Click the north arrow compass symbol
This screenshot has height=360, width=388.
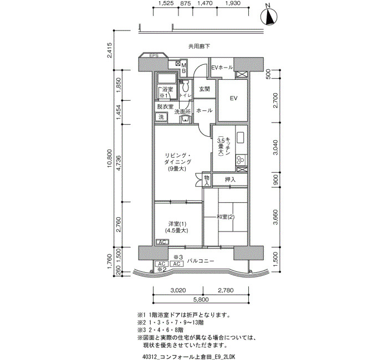point(269,16)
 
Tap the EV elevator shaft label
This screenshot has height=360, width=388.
point(233,98)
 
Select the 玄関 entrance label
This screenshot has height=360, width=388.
point(205,89)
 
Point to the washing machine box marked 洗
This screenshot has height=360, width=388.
point(161,117)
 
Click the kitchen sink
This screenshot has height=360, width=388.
point(241,137)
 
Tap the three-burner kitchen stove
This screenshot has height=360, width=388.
point(241,160)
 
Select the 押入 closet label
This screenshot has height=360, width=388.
point(230,180)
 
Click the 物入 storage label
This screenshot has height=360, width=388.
point(207,180)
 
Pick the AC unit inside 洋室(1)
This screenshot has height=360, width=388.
point(162,242)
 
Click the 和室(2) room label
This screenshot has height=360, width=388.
point(226,217)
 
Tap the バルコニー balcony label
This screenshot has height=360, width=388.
point(201,261)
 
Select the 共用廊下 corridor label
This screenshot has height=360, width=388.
point(199,46)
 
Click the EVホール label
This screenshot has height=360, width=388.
point(222,67)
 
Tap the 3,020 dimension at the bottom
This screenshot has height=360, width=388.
point(178,290)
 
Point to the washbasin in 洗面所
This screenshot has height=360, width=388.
point(185,120)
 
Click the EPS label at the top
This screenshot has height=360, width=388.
point(154,55)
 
